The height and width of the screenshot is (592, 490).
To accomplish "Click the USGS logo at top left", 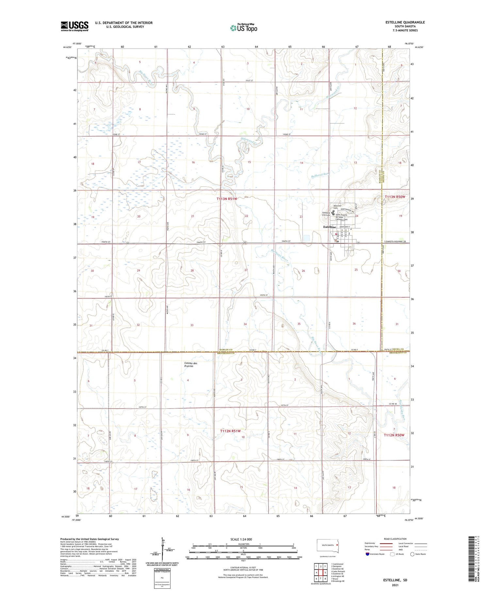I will coord(74,26).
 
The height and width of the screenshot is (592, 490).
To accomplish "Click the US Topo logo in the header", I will coord(243,28).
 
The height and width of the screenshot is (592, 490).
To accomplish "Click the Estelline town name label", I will coord(329,227).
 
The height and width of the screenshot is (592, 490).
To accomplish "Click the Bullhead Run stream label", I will coord(319,175).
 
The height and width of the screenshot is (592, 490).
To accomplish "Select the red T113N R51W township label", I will coord(227,199).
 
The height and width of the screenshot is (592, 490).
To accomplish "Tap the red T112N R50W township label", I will coord(394,435).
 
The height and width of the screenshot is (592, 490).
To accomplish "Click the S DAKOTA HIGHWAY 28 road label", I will coord(395,241).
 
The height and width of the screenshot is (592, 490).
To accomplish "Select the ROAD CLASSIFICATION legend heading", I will coord(395,539).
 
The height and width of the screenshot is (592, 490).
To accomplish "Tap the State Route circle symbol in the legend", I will coord(412,554).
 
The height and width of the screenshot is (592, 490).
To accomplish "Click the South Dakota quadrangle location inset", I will coord(328,546).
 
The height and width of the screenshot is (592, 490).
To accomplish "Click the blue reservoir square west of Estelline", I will coord(306,238).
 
